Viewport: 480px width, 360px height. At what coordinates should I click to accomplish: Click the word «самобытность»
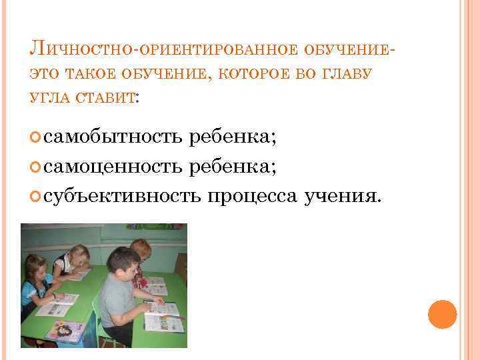[113, 137]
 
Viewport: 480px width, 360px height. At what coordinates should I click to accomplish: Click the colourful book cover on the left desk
[65, 331]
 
